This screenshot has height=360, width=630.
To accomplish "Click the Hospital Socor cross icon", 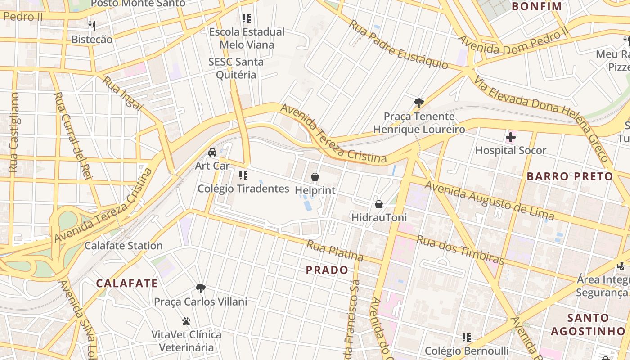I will pyautogui.click(x=511, y=137).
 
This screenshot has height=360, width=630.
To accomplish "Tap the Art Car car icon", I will pyautogui.click(x=212, y=153).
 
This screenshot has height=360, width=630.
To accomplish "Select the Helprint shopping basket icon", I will pyautogui.click(x=315, y=177).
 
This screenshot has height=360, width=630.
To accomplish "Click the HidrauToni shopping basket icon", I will pyautogui.click(x=379, y=204).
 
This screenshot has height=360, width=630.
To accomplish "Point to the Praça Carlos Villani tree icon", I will pyautogui.click(x=201, y=288).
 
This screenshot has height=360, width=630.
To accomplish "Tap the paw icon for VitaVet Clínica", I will pyautogui.click(x=186, y=321).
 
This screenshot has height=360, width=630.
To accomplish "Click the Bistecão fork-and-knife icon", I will pyautogui.click(x=92, y=26).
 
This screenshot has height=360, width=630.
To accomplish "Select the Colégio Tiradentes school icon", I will pyautogui.click(x=243, y=175).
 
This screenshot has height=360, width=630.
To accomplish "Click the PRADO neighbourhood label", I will pyautogui.click(x=327, y=270).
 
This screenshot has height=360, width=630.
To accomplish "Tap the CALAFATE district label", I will pyautogui.click(x=127, y=283).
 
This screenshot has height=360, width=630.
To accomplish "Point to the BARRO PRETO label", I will pyautogui.click(x=570, y=176).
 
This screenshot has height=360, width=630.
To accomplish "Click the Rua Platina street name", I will pyautogui.click(x=335, y=251).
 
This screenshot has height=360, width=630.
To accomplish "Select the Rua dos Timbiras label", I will pyautogui.click(x=460, y=250).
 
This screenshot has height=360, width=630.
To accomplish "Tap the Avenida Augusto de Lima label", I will pyautogui.click(x=490, y=200).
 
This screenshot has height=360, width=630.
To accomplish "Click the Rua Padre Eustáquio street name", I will pyautogui.click(x=398, y=44).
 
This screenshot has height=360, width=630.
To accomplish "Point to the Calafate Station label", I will pyautogui.click(x=124, y=246).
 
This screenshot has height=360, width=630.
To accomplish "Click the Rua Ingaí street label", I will pyautogui.click(x=122, y=94).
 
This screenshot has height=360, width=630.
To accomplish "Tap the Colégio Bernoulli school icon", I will pyautogui.click(x=467, y=337).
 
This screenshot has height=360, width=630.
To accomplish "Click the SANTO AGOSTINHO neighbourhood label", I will pyautogui.click(x=589, y=324).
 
